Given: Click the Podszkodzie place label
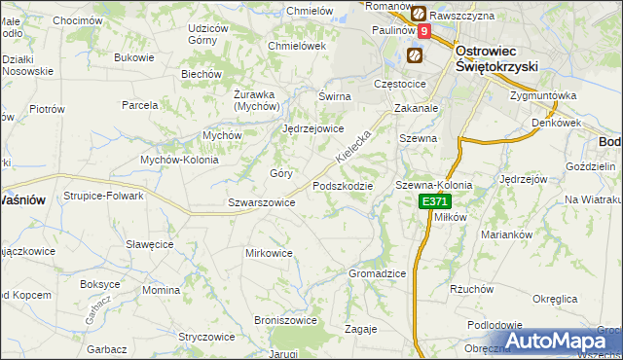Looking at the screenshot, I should click(343, 186).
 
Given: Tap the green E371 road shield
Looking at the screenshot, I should click(434, 201).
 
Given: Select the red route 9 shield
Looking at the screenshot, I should click(424, 32).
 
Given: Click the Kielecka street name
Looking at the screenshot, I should click(352, 145).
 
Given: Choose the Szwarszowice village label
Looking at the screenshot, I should click(261, 202).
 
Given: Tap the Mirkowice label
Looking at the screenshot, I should click(269, 253).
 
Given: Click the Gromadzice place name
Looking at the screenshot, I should click(377, 273).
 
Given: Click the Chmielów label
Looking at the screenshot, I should click(310, 11).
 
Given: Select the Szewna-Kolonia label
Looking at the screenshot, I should click(433, 185).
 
